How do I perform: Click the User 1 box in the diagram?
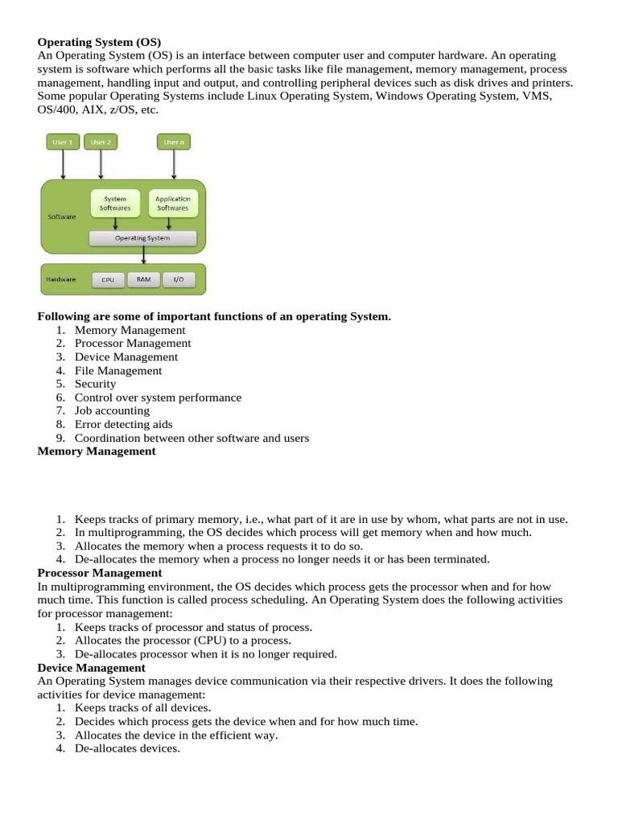(63, 142)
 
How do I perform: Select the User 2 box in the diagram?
(101, 142)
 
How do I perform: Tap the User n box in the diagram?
(173, 142)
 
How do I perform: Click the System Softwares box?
(115, 204)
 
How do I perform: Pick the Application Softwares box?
(172, 204)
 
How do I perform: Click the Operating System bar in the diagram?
(142, 238)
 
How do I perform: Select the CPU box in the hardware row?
(107, 280)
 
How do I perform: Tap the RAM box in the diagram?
(143, 280)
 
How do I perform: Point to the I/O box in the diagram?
(179, 280)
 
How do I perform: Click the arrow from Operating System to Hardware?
(143, 255)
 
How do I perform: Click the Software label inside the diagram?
(62, 217)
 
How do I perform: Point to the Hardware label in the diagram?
(62, 279)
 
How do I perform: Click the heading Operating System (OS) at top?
(100, 41)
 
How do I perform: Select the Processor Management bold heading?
(100, 573)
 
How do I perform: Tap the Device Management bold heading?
(92, 668)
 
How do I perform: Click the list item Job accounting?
(112, 411)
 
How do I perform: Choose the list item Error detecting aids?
(123, 425)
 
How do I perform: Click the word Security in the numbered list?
(95, 384)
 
